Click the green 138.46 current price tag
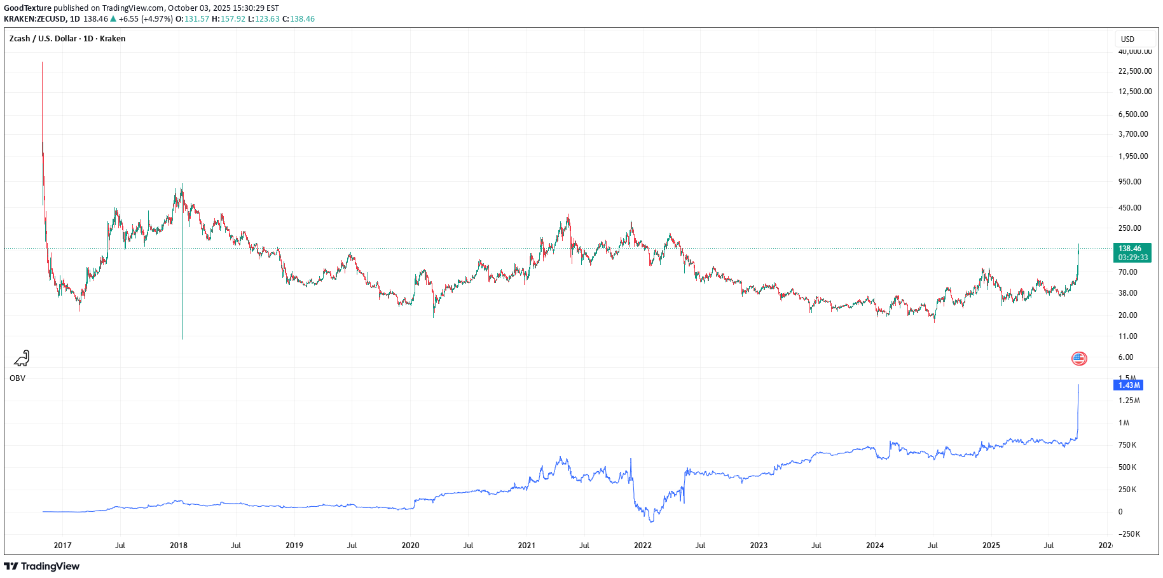pos(1132,249)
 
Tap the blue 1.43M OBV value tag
pos(1129,385)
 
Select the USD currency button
pos(1127,39)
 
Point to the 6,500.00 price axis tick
pos(1133,114)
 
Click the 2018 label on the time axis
pos(179,546)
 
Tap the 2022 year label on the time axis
pos(643,546)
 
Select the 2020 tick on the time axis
pos(410,546)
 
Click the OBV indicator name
pos(18,378)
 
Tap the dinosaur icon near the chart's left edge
pos(22,359)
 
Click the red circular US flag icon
pos(1079,359)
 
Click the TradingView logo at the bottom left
pos(42,566)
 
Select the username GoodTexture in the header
pos(27,8)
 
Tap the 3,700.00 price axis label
pos(1133,134)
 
